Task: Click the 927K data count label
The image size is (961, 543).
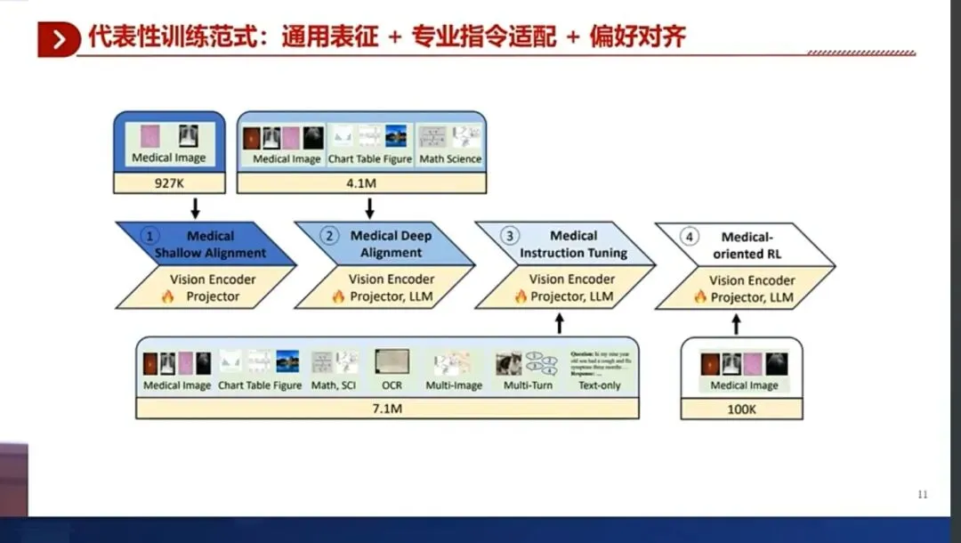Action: point(169,183)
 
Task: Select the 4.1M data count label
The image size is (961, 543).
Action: point(361,183)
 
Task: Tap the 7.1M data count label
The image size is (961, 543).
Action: point(387,409)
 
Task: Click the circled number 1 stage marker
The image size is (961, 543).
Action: point(151,237)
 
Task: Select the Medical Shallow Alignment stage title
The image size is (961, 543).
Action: point(211,245)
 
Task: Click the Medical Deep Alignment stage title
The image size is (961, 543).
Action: point(391,244)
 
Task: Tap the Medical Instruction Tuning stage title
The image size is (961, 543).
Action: point(573,244)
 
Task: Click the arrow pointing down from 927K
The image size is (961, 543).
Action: point(195,208)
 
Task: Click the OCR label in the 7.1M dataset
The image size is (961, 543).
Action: point(392,385)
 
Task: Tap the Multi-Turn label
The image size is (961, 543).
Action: point(528,385)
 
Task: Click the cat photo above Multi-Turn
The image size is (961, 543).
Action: point(508,361)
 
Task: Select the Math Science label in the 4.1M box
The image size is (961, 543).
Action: point(450,158)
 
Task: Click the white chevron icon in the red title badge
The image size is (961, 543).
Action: point(60,39)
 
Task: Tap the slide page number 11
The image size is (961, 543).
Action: point(922,494)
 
